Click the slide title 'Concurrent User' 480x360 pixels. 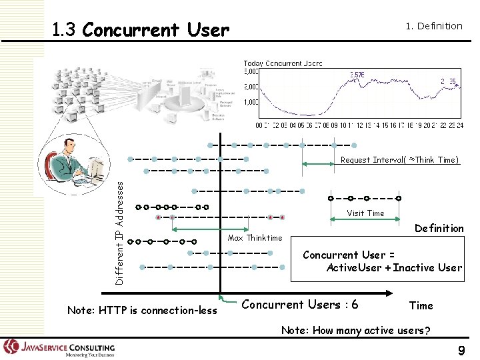click(x=156, y=31)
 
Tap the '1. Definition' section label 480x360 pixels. click(x=434, y=26)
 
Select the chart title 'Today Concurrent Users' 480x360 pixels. click(x=283, y=63)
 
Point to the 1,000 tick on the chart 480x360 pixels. click(x=251, y=102)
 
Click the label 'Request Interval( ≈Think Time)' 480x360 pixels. click(x=399, y=160)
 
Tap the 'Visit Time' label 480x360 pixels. click(x=365, y=213)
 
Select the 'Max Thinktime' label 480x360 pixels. click(x=255, y=238)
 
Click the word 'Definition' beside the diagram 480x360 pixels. click(x=439, y=229)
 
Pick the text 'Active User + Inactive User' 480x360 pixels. click(x=393, y=268)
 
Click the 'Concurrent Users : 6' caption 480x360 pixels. click(x=299, y=305)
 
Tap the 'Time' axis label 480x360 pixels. click(x=421, y=306)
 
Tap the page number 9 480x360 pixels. click(x=461, y=351)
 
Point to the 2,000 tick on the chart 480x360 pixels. click(x=251, y=87)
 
